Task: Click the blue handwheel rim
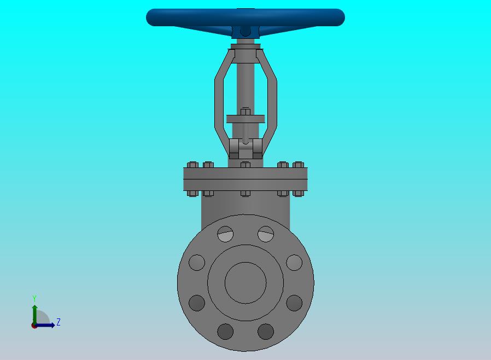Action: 245,17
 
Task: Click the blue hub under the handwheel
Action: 245,32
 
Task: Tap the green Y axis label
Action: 34,298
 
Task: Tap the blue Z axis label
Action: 59,322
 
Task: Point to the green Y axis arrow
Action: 35,315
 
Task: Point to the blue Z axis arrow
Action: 45,326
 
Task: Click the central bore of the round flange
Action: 245,283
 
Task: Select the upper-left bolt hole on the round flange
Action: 225,234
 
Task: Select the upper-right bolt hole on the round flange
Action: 266,234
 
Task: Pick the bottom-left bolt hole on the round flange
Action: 225,332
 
